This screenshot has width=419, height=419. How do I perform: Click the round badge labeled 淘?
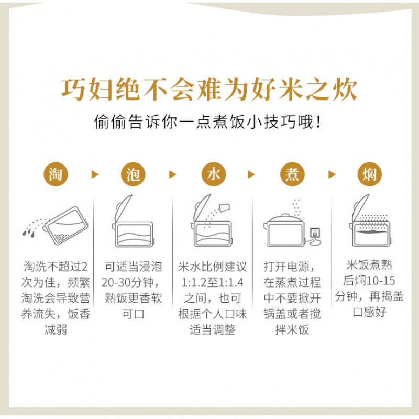point(56,174)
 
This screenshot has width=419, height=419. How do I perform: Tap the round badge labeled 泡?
point(133,174)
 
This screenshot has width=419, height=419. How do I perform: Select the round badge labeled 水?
point(214,174)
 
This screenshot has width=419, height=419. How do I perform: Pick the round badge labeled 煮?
point(292,174)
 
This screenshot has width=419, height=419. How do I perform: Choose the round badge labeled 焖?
point(370,174)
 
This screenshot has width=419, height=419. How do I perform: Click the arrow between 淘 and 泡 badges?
point(95,174)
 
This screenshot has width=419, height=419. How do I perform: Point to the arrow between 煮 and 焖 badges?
point(332,174)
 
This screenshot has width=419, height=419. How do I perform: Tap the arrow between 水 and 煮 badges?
point(251,174)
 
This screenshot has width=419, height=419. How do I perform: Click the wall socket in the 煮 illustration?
point(315,233)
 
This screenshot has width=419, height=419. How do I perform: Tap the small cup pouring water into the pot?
point(224,207)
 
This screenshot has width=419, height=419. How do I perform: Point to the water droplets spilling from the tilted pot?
point(29,233)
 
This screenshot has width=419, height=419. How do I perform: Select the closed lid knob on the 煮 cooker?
point(285,215)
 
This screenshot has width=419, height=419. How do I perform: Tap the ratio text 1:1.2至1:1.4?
point(213,282)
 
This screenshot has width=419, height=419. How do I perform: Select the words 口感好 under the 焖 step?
point(369,312)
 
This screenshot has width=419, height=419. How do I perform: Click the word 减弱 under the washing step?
point(56,330)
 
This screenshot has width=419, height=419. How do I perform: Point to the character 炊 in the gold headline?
point(345,89)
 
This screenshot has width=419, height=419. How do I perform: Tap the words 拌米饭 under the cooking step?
point(292,330)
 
